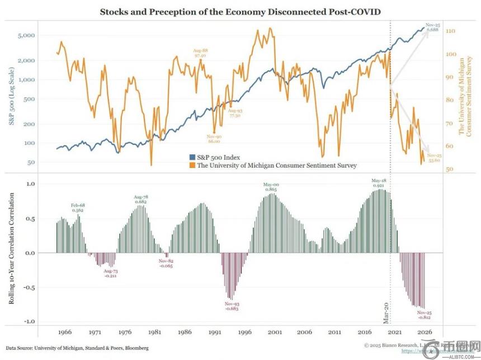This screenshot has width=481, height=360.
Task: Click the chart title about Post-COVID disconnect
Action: [240, 11]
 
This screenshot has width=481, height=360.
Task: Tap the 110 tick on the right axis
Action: [450, 31]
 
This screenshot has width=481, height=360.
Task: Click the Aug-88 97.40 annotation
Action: [201, 53]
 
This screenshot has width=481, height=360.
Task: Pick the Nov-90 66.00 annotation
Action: [214, 139]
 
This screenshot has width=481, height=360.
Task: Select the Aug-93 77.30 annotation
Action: [235, 113]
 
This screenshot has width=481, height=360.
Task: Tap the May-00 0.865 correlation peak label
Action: [271, 187]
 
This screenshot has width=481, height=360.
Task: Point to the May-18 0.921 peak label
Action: [380, 183]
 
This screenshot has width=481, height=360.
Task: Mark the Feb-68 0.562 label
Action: [78, 208]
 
